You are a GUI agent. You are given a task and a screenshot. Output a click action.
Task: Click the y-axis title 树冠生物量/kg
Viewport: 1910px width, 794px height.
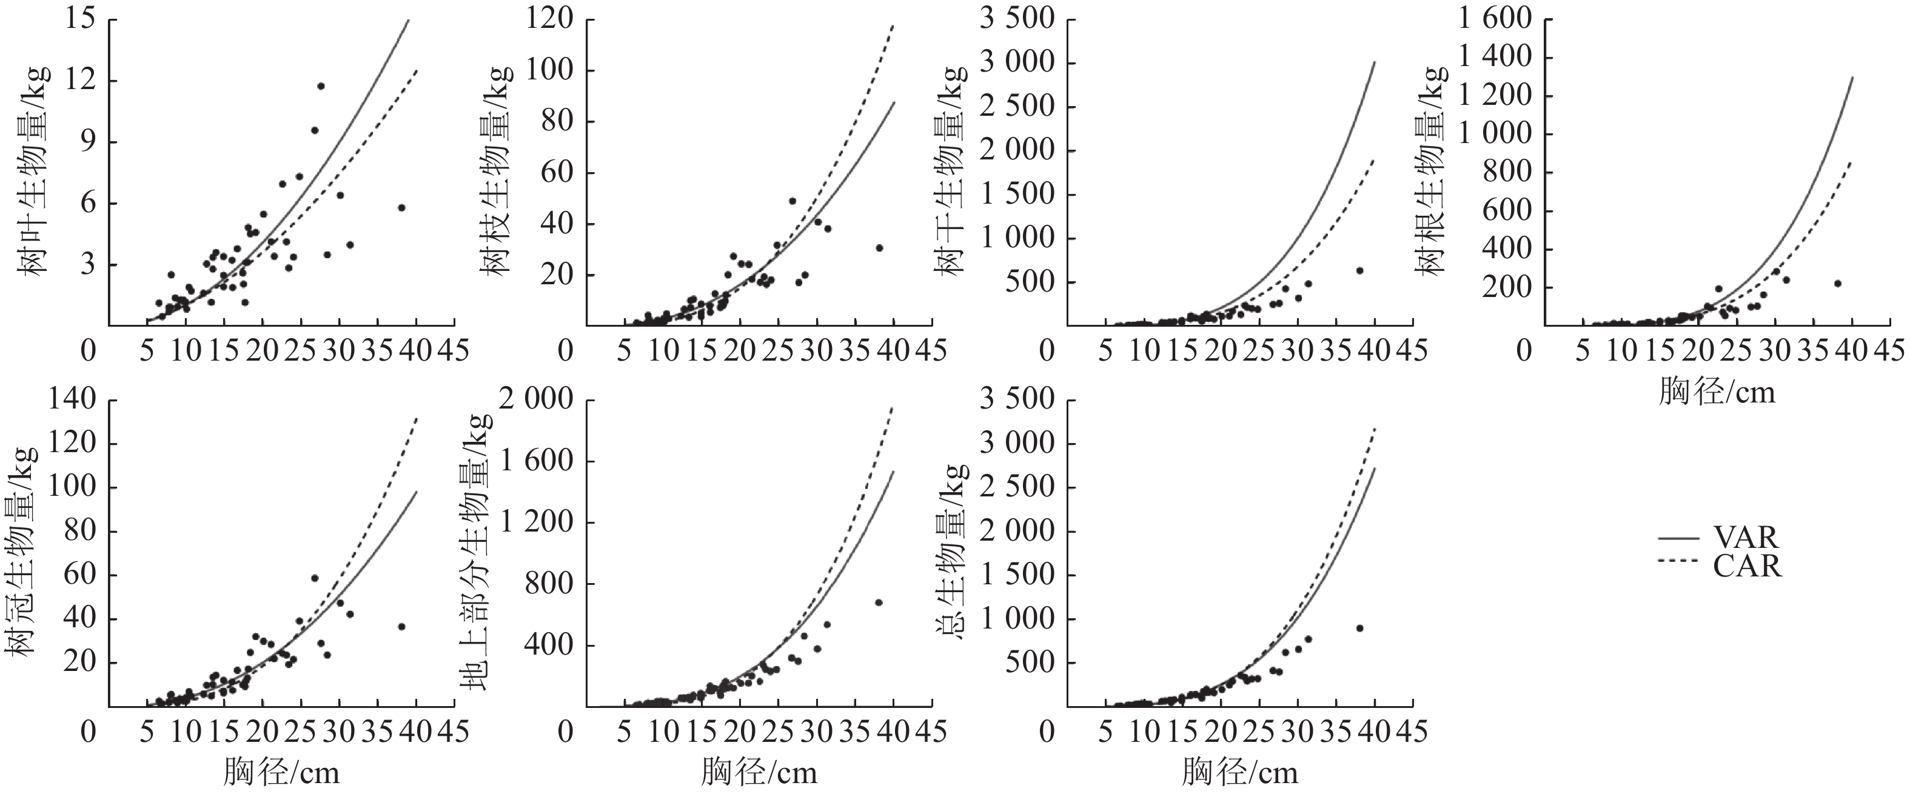pos(22,552)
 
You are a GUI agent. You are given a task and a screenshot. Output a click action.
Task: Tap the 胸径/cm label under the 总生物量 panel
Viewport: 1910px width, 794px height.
pos(1240,773)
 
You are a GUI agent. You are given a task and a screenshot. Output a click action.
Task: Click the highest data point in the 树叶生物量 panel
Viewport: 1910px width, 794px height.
pos(321,86)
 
